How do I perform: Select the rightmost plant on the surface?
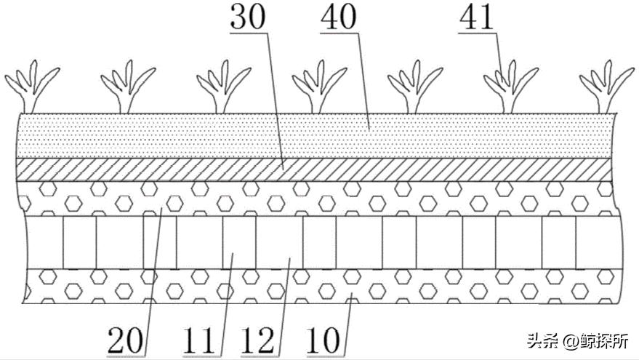tap(606, 87)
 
